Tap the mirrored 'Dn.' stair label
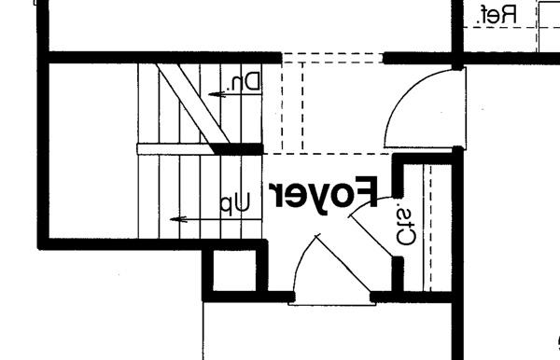click(x=245, y=82)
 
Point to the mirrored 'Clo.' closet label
click(x=406, y=227)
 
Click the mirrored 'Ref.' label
click(x=497, y=15)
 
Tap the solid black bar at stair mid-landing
click(x=238, y=149)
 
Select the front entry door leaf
click(x=343, y=263)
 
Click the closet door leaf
click(x=371, y=234)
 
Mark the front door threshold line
click(x=331, y=304)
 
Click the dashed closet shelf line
click(x=430, y=228)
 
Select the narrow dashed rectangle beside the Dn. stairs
click(x=292, y=106)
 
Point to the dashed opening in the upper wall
click(x=332, y=58)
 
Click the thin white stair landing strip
click(x=175, y=149)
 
